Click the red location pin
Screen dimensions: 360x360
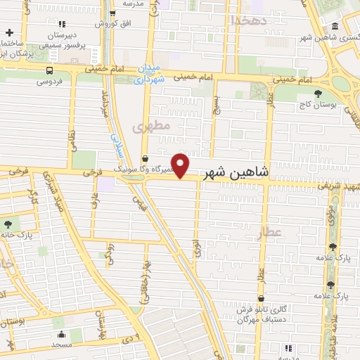(181, 166)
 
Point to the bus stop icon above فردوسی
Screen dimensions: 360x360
(49, 70)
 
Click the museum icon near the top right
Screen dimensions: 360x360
(335, 27)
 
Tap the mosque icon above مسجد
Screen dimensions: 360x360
(61, 335)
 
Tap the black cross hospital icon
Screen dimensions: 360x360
(9, 32)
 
